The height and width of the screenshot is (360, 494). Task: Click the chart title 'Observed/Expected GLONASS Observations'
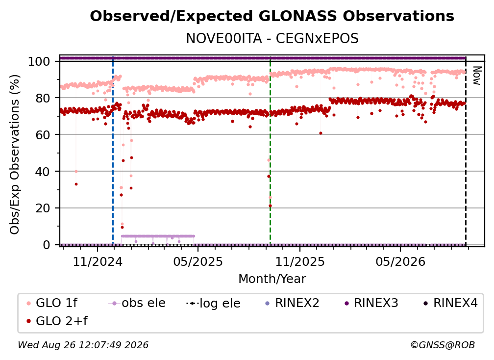(x=272, y=16)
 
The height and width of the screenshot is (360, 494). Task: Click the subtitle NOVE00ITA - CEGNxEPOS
(x=272, y=39)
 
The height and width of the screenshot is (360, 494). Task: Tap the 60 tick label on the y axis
(x=43, y=135)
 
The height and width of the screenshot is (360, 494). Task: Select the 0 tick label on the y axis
(x=47, y=245)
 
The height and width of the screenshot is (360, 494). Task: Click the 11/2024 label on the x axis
(x=98, y=261)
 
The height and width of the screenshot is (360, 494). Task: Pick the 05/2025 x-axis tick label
(x=198, y=261)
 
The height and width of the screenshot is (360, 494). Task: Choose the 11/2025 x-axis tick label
(x=300, y=261)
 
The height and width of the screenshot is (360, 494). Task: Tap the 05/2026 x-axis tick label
(x=400, y=261)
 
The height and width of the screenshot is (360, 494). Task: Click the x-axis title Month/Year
(x=272, y=279)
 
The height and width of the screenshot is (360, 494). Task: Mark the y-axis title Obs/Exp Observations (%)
(x=15, y=154)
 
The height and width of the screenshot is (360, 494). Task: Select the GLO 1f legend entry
(x=52, y=303)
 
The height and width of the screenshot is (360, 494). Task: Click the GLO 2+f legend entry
(x=57, y=321)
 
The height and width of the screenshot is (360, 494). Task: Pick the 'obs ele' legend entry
(x=137, y=303)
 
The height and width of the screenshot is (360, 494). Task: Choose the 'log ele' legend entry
(x=213, y=303)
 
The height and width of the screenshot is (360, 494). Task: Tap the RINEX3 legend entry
(x=371, y=303)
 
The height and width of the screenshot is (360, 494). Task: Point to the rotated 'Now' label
(x=477, y=76)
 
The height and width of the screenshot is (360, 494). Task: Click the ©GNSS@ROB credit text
(x=443, y=345)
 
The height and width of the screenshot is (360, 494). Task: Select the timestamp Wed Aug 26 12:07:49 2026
(x=83, y=345)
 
